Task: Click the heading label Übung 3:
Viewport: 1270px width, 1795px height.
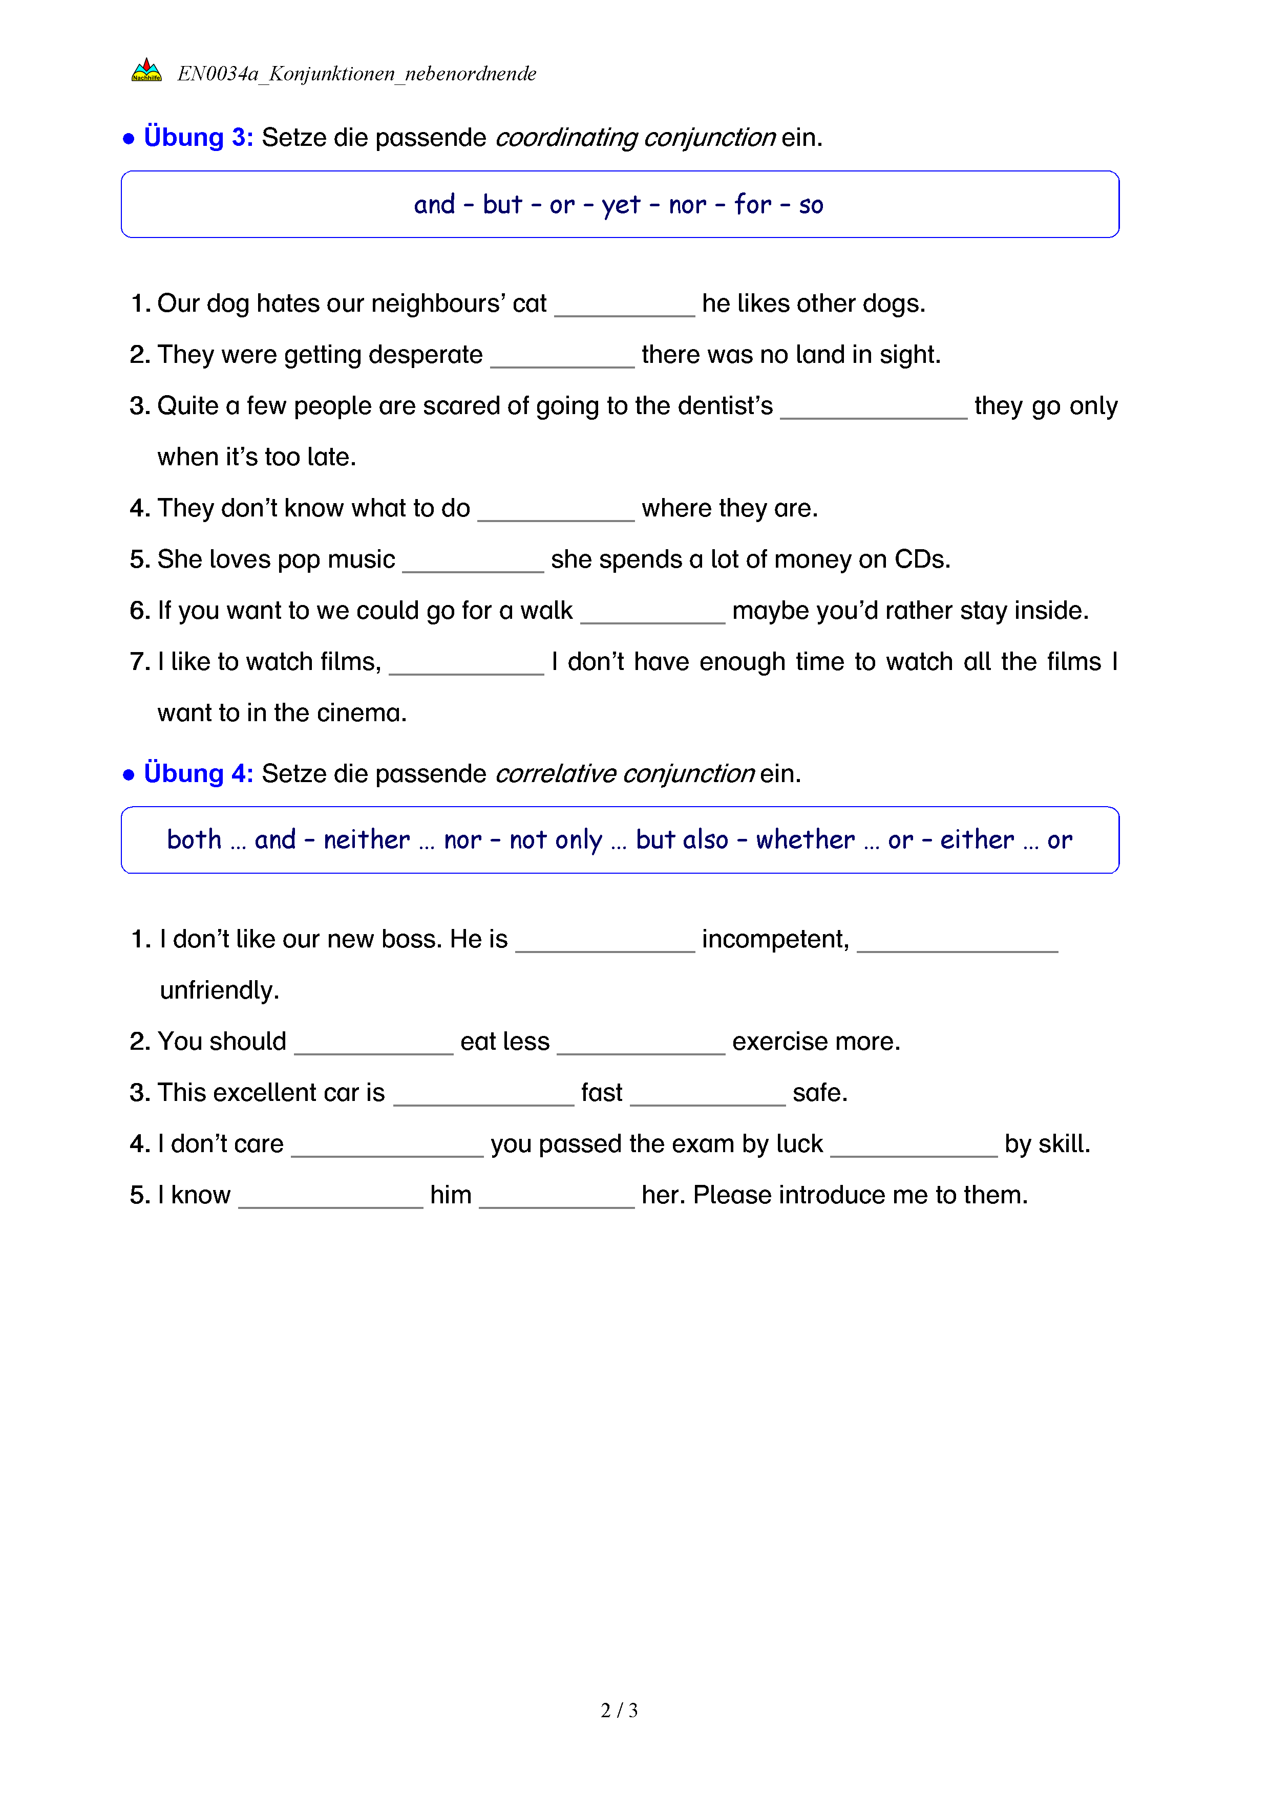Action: (198, 138)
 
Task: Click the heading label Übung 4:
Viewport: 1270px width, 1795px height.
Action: (198, 773)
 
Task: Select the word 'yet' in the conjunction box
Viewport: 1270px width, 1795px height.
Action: (621, 205)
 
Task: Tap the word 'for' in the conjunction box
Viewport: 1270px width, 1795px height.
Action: (752, 205)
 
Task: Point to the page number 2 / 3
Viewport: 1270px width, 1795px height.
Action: (619, 1710)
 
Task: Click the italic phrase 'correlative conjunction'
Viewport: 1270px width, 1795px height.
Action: (624, 773)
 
